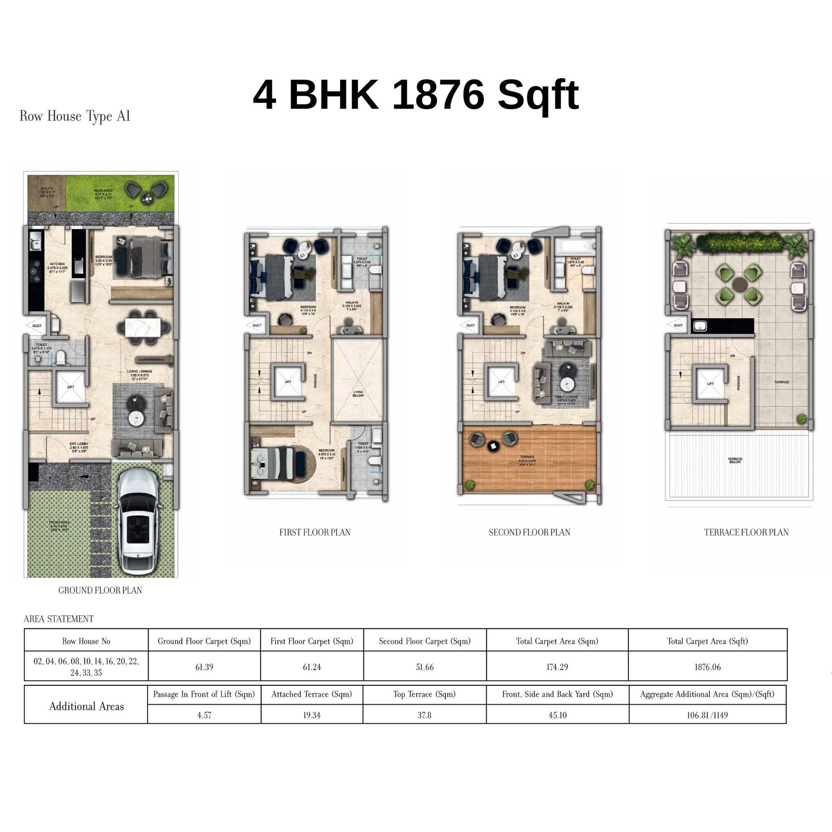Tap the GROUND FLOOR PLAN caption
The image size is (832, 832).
click(100, 590)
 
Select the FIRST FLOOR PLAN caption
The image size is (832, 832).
click(315, 532)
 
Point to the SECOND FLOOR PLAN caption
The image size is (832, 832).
click(529, 532)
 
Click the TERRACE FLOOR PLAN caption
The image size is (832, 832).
click(746, 532)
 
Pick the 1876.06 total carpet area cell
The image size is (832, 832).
click(707, 667)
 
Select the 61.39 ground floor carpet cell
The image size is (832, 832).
click(204, 667)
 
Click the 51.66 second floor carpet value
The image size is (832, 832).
click(424, 667)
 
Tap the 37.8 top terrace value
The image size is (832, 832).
click(424, 716)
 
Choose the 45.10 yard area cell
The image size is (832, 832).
click(557, 716)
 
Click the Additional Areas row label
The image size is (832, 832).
click(86, 706)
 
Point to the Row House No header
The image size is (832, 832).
click(86, 641)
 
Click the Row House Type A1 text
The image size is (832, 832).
click(74, 116)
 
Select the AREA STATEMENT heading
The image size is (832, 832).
click(59, 619)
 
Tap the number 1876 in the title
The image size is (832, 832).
click(438, 95)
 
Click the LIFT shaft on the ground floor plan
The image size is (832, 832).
click(70, 387)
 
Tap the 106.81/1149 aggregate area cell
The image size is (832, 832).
click(707, 716)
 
